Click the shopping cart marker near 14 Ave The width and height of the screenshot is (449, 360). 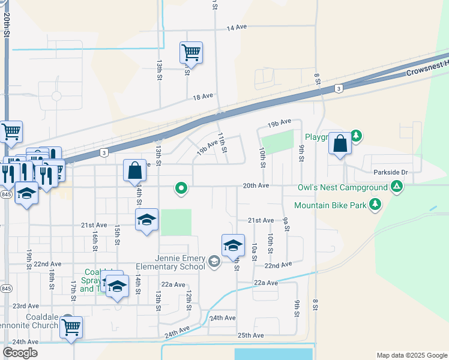191,53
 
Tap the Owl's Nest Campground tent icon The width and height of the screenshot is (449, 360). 396,187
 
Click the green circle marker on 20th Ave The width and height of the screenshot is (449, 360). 181,189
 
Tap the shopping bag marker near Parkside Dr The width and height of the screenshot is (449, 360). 340,145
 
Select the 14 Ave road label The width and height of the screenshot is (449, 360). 237,28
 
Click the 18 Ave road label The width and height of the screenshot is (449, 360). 203,96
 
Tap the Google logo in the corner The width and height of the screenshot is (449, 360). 20,353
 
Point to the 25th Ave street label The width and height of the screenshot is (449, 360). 250,335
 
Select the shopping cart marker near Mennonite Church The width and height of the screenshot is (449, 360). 71,328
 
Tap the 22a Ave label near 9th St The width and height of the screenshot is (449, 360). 266,283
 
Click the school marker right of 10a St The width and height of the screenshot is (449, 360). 233,245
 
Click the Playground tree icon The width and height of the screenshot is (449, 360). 357,136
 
